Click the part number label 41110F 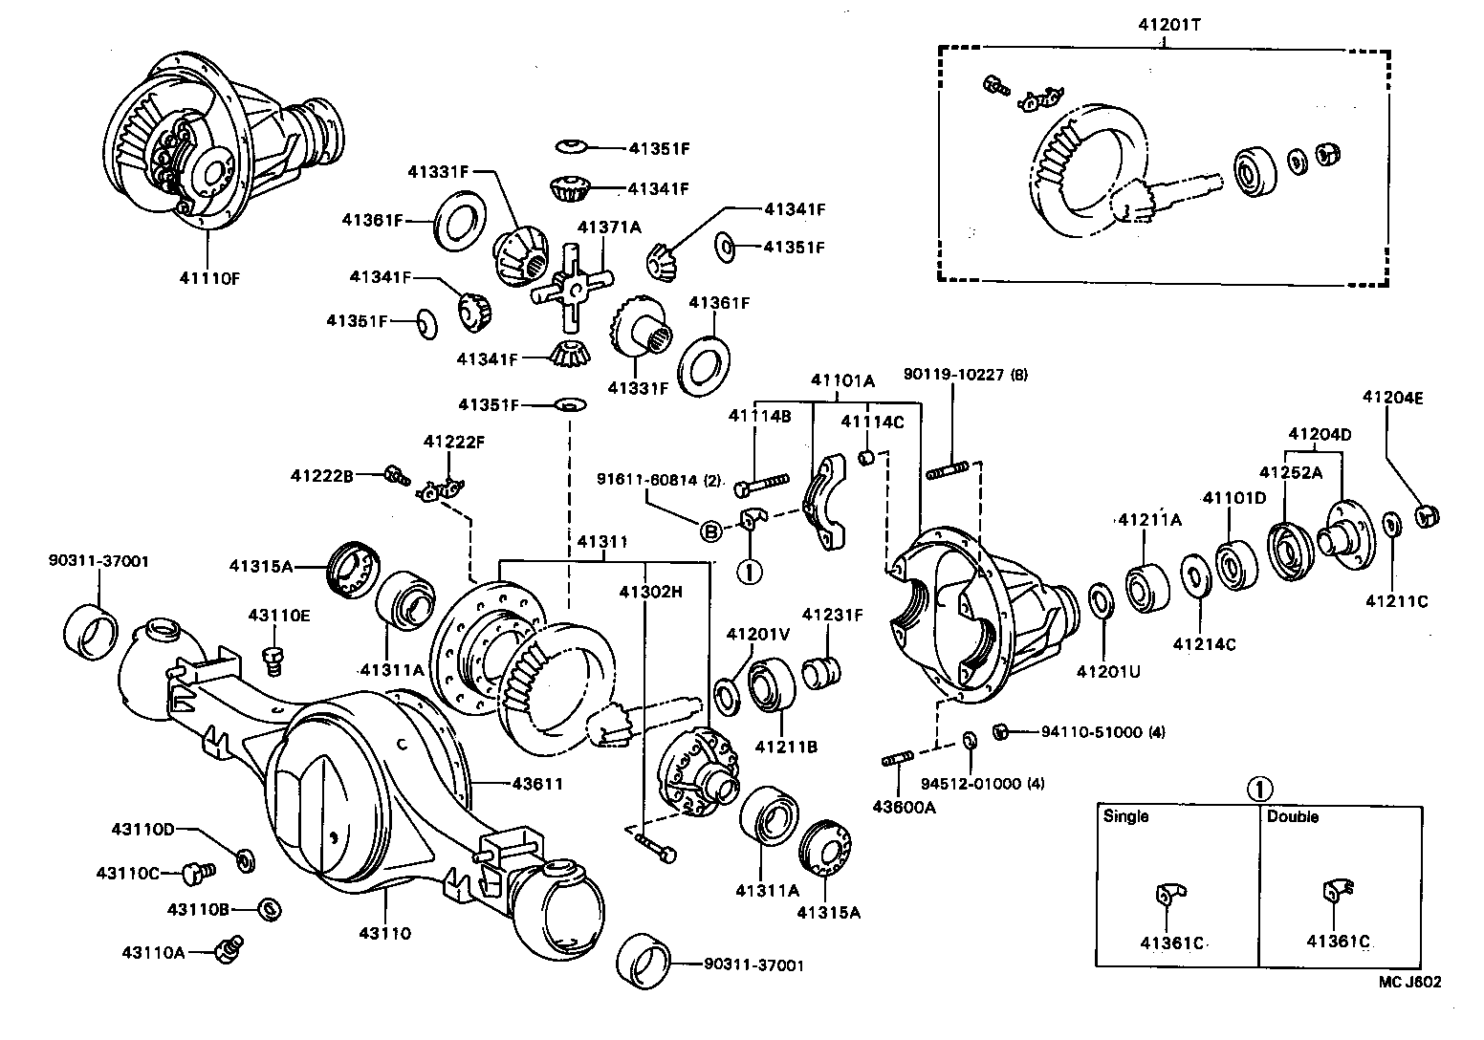(x=208, y=278)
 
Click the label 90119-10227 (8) (x=966, y=375)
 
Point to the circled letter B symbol (x=711, y=531)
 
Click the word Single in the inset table (x=1125, y=816)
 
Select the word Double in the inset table (x=1292, y=816)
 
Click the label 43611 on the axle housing (x=536, y=784)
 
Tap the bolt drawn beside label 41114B (x=760, y=483)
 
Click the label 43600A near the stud (x=904, y=806)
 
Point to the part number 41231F (x=832, y=615)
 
